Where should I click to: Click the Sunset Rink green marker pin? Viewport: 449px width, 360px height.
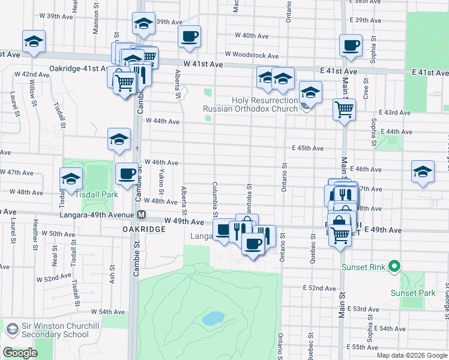[394, 265]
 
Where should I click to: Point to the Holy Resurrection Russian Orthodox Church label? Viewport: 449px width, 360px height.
[250, 104]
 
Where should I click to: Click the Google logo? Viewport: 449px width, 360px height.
[20, 353]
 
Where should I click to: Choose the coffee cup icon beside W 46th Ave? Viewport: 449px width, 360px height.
[126, 173]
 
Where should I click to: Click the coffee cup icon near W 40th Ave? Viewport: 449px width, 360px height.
[189, 36]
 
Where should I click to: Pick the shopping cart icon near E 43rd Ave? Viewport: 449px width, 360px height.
[344, 109]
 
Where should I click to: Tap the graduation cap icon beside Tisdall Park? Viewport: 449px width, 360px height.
[71, 178]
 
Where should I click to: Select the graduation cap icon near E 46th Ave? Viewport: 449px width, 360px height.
[423, 171]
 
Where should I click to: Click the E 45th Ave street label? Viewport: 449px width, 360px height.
[308, 148]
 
